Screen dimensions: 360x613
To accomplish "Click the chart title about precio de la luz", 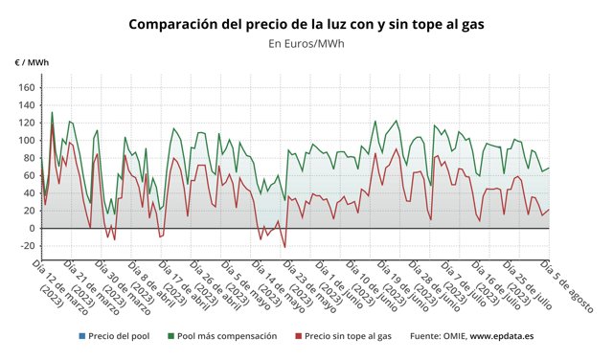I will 306,23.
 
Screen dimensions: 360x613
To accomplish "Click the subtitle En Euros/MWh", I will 306,43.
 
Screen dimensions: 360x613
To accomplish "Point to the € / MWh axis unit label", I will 32,63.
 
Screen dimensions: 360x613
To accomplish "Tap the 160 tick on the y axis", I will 26,87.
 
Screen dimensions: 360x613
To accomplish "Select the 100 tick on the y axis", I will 26,140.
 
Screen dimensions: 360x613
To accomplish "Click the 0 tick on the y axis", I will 32,228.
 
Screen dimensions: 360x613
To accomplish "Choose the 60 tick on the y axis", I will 29,175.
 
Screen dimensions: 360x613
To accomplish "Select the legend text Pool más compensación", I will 227,336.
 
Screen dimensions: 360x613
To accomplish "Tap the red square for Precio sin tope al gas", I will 297,336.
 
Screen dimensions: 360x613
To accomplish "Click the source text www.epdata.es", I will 502,336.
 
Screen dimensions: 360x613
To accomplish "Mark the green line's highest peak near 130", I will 52,112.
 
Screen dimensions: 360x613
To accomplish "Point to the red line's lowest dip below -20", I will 284,247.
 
